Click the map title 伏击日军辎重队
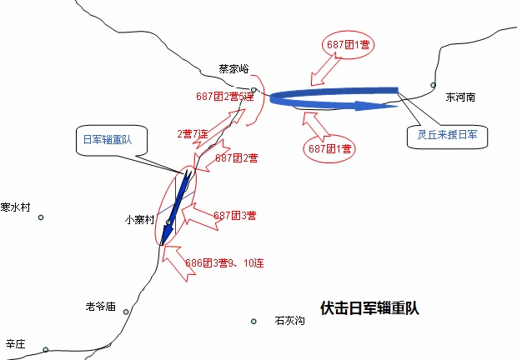tap(369, 308)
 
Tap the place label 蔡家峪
tap(233, 69)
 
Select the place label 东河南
tap(460, 97)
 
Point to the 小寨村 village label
tap(139, 220)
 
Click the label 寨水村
tap(15, 207)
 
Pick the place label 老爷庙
tap(101, 307)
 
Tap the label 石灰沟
tap(289, 321)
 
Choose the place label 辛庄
tap(15, 344)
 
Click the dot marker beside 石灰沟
tap(253, 321)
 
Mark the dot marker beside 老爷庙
tap(126, 312)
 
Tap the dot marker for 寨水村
tap(41, 217)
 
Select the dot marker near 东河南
tap(433, 85)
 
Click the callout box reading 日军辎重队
tap(112, 140)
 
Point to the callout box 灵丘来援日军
tap(448, 137)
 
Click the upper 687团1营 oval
tap(348, 45)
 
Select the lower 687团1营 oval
tap(329, 148)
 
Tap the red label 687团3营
tap(235, 216)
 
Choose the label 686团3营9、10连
tap(224, 263)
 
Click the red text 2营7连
tap(193, 134)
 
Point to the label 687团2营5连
tap(225, 96)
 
